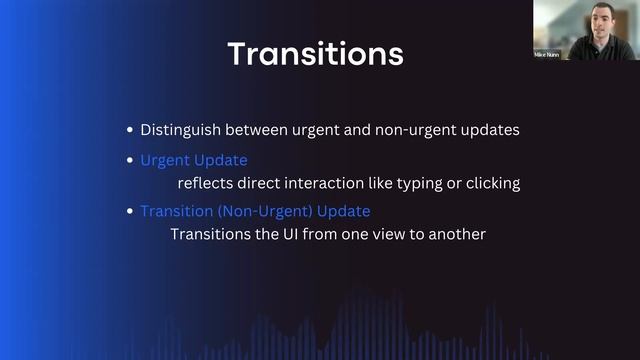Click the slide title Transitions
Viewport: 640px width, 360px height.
(x=315, y=53)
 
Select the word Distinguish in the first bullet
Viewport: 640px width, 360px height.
(x=178, y=131)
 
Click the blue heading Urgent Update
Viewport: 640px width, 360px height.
(x=194, y=160)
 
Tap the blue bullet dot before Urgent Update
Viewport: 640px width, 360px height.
(x=130, y=161)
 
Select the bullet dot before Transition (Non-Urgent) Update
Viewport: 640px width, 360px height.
(x=130, y=212)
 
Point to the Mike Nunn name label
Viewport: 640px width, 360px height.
(x=549, y=54)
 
